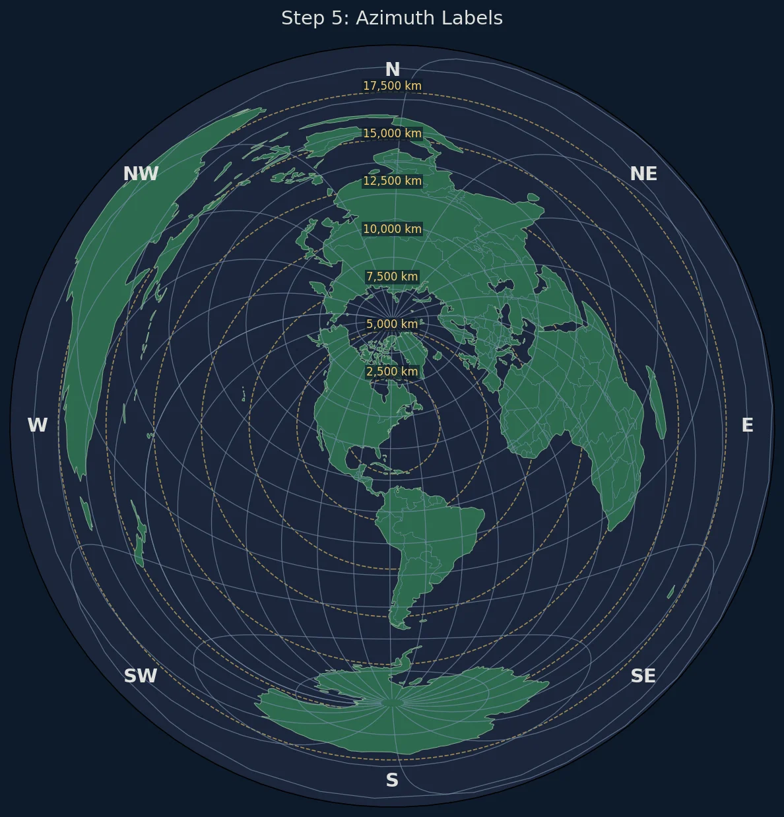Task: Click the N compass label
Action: [x=392, y=69]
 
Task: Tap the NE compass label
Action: [x=643, y=174]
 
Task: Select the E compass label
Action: [x=747, y=426]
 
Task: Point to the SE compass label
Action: [x=643, y=676]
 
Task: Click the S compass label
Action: [x=392, y=781]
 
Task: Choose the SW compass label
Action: [x=141, y=676]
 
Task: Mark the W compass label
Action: [x=38, y=426]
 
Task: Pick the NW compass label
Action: [x=141, y=174]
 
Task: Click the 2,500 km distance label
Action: [x=392, y=372]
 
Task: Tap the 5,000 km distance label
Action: [x=392, y=324]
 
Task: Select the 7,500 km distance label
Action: [x=392, y=277]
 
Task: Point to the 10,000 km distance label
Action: [x=392, y=229]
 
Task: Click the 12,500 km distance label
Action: [x=392, y=181]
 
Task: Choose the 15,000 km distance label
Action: [x=392, y=133]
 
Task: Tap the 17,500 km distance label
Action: [x=392, y=86]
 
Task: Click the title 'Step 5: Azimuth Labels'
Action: [x=392, y=18]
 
